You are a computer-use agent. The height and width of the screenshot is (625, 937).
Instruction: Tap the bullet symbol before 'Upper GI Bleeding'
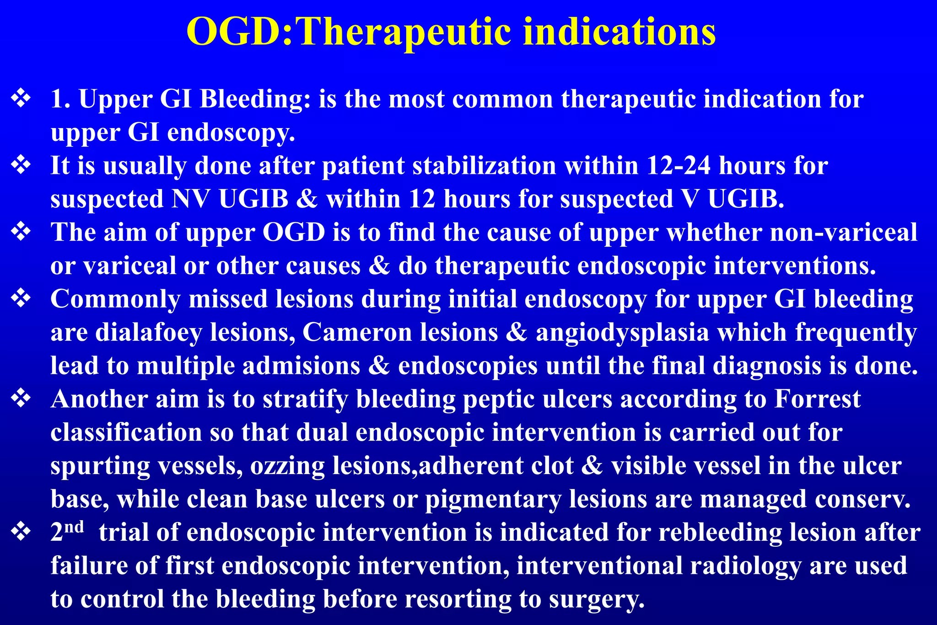[21, 98]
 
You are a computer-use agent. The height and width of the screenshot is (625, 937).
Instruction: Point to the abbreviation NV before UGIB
[191, 199]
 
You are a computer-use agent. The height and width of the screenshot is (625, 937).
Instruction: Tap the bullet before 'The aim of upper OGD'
[21, 232]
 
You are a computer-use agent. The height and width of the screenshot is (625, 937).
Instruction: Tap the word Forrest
[817, 399]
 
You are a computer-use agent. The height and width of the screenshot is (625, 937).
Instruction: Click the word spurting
[100, 466]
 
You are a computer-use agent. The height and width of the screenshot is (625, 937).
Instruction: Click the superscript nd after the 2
[74, 527]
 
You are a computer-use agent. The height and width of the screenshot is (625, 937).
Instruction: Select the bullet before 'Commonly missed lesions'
[21, 298]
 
